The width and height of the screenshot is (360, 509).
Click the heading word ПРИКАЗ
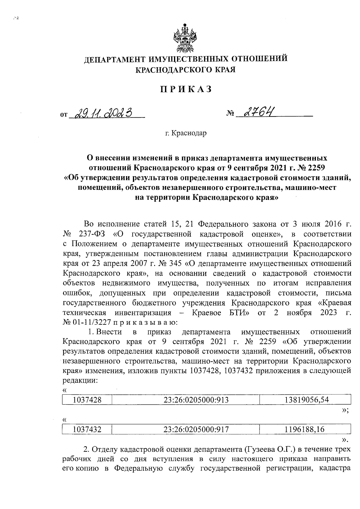pos(186,89)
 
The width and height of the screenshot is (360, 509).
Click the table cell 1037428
pos(87,399)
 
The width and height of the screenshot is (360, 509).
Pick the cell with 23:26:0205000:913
pos(196,399)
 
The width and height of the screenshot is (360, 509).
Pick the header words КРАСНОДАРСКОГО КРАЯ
pos(186,70)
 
